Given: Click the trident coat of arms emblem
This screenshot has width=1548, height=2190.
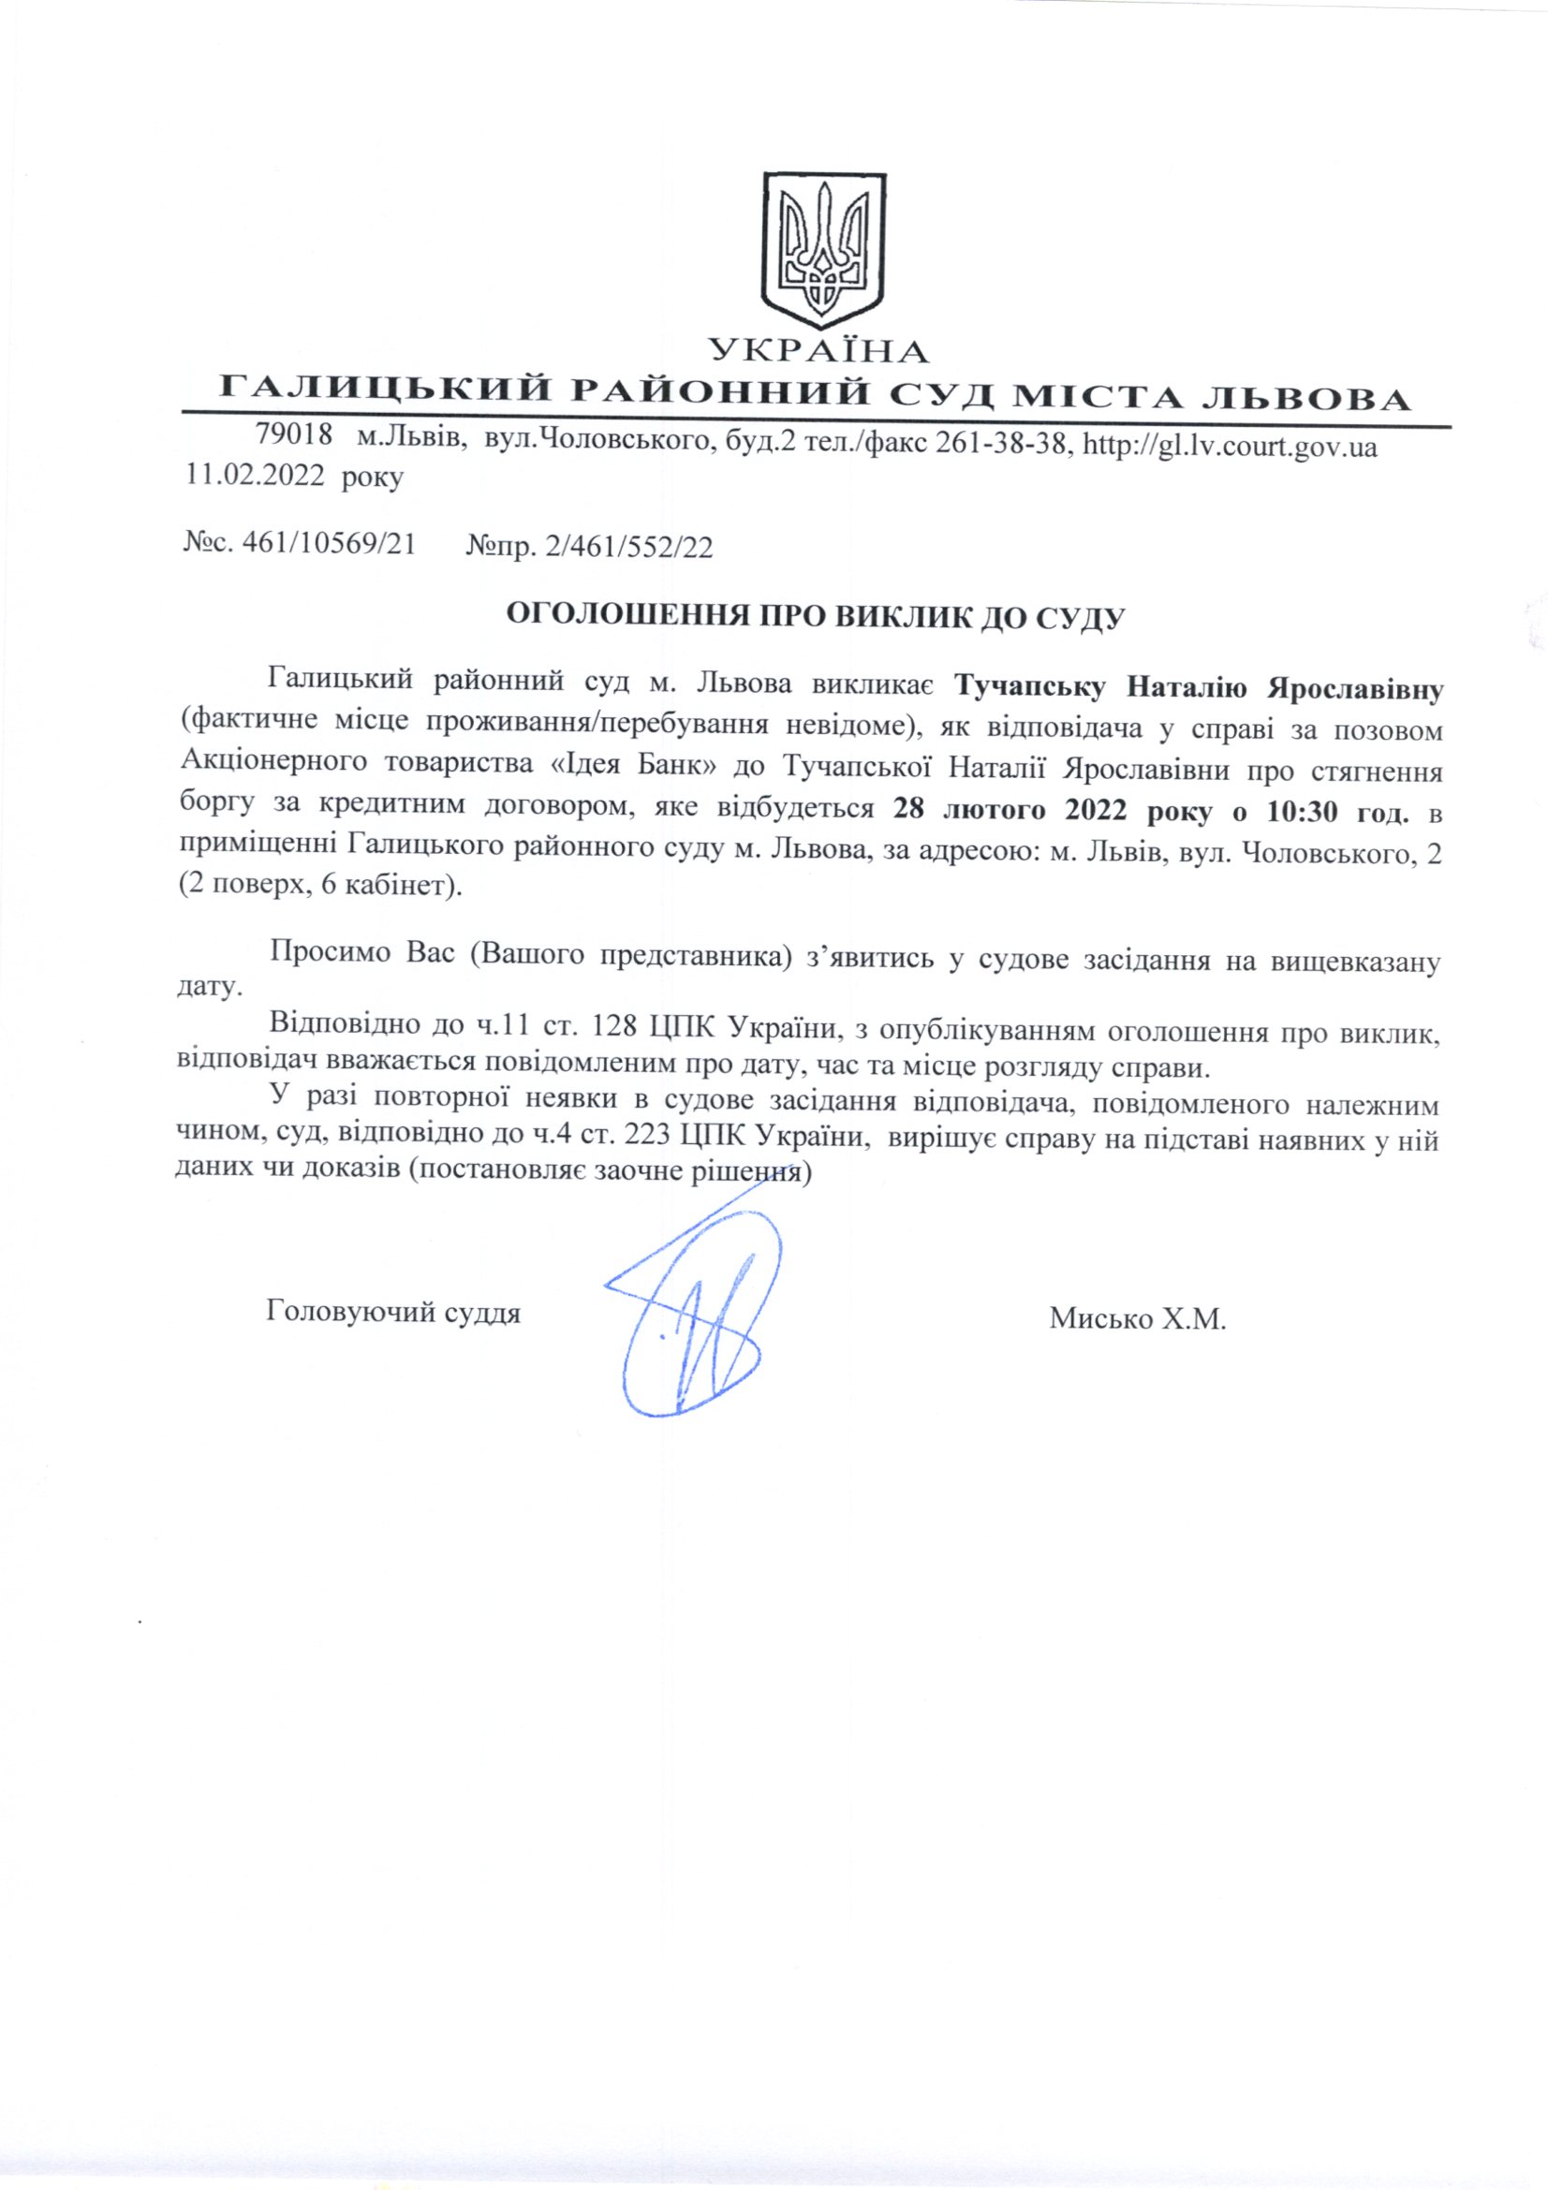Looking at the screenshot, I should [x=819, y=251].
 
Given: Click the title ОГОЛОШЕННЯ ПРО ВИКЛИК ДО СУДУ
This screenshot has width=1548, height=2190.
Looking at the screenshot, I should [x=802, y=615].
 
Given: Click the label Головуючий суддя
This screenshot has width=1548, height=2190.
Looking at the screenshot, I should [x=394, y=1314].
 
